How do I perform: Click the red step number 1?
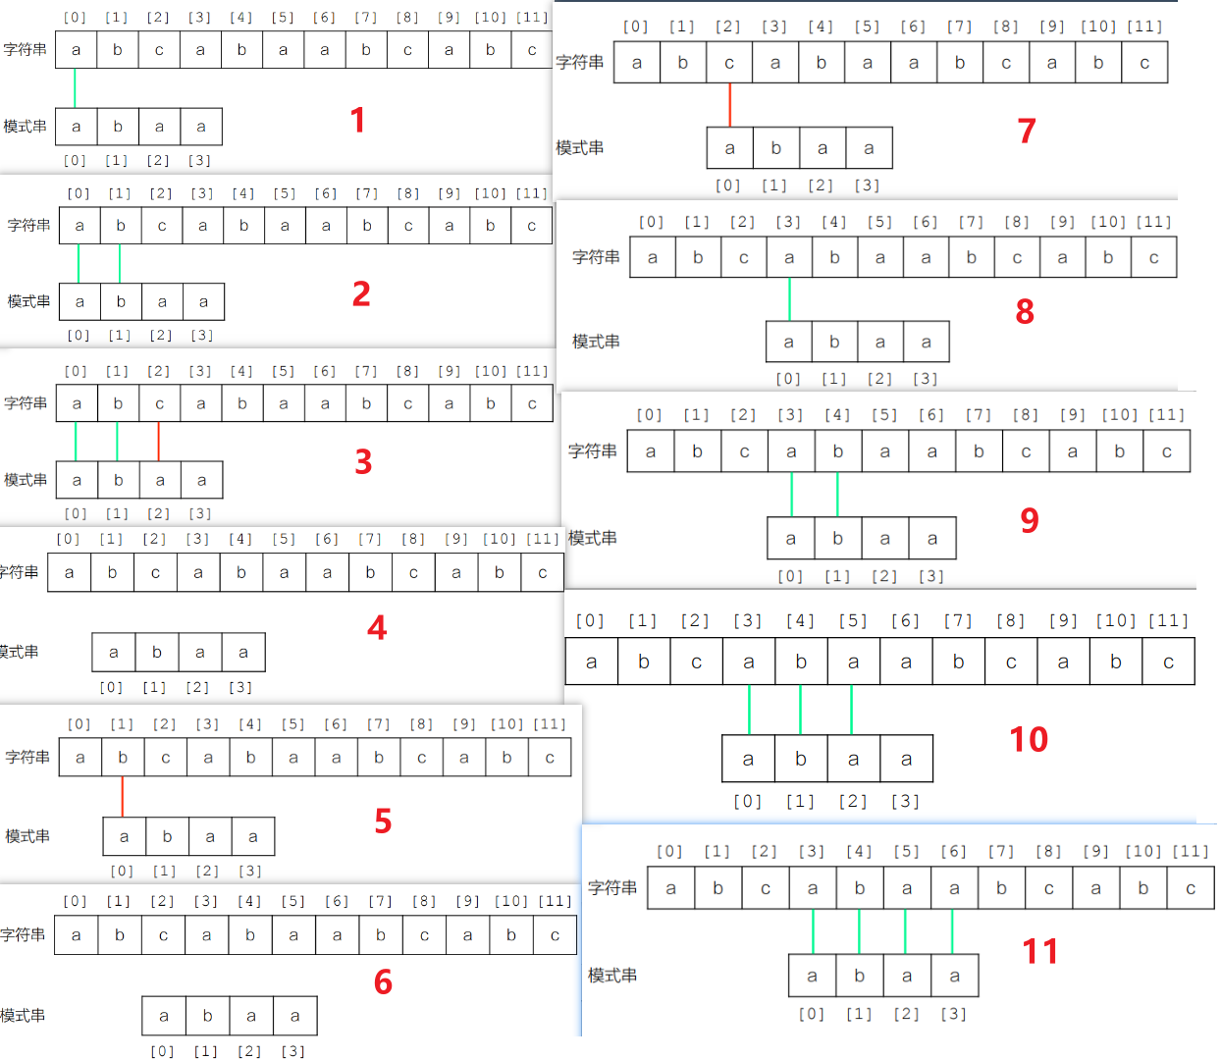coord(357,121)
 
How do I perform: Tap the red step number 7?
coord(1027,131)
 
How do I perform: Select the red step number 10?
coord(1029,739)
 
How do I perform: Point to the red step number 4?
coord(377,628)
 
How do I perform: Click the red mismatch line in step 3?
coord(159,442)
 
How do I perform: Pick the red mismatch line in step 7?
coord(729,105)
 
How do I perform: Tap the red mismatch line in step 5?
coord(123,796)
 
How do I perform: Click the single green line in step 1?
coord(75,88)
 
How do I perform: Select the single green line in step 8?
coord(789,299)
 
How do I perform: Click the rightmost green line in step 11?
coord(952,931)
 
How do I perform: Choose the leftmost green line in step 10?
coord(749,710)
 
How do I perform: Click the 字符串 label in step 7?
coord(580,63)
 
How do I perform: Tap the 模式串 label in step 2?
coord(28,301)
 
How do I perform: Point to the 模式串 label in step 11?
coord(612,976)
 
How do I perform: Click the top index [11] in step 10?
coord(1168,620)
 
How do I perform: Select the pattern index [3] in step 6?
coord(292,1051)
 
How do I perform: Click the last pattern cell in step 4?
coord(243,652)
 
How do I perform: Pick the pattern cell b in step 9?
coord(837,538)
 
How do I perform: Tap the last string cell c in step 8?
coord(1153,258)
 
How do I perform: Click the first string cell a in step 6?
coord(76,935)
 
